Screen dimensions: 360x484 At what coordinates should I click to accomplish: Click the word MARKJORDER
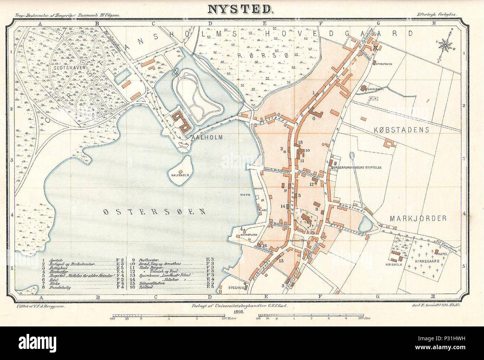418,219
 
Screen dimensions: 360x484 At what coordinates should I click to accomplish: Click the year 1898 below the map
238,311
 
